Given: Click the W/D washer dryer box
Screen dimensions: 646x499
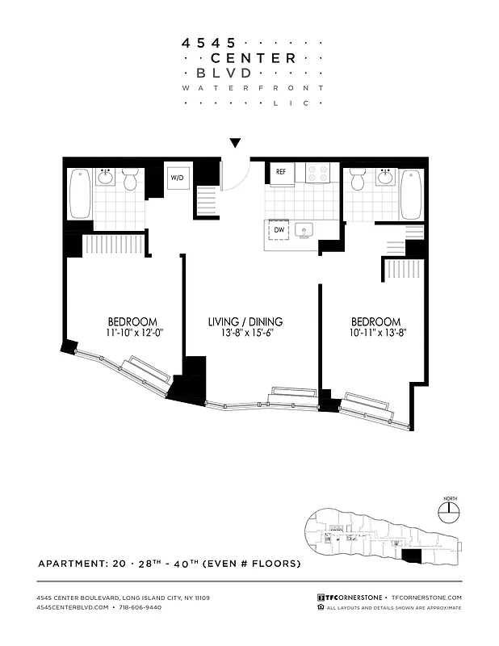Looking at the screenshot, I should click(x=177, y=178).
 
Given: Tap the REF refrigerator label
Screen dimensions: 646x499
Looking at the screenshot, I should click(x=281, y=173).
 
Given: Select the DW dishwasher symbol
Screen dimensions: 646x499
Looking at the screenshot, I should click(x=279, y=230).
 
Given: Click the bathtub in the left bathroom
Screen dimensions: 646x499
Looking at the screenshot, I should click(x=80, y=194).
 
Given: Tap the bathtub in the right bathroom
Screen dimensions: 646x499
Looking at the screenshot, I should click(x=410, y=194).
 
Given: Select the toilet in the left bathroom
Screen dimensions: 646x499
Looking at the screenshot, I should click(x=131, y=179).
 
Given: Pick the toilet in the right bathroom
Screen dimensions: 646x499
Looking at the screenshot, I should click(x=359, y=179).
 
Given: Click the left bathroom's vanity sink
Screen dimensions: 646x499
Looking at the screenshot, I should click(x=107, y=177).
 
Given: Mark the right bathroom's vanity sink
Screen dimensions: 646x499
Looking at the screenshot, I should click(x=384, y=177).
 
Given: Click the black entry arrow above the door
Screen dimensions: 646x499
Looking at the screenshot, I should click(x=235, y=144).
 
